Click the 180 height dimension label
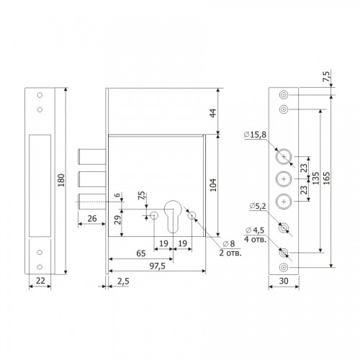pyautogui.click(x=62, y=180)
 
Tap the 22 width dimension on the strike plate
pyautogui.click(x=40, y=280)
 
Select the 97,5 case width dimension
pyautogui.click(x=158, y=266)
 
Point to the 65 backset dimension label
pyautogui.click(x=141, y=253)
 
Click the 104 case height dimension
pyautogui.click(x=213, y=185)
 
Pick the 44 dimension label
pyautogui.click(x=213, y=113)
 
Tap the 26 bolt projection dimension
pyautogui.click(x=92, y=219)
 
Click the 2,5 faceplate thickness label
pyautogui.click(x=123, y=282)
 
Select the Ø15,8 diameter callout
pyautogui.click(x=255, y=135)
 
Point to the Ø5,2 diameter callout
pyautogui.click(x=258, y=206)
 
